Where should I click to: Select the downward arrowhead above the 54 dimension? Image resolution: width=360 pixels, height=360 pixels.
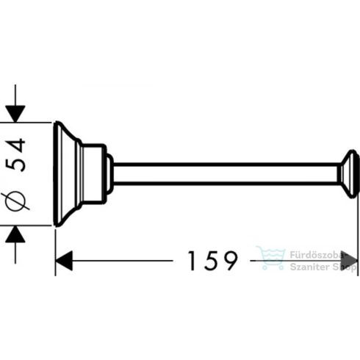coord(15,114)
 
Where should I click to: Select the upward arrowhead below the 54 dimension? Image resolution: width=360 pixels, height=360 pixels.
coord(15,234)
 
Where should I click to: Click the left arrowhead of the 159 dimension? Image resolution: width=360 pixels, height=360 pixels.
coord(64,261)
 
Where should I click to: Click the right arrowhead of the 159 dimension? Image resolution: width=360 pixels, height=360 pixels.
coord(350,261)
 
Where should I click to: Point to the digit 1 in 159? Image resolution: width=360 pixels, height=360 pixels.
coord(192,261)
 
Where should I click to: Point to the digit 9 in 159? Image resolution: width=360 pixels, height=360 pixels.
coord(230,261)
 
